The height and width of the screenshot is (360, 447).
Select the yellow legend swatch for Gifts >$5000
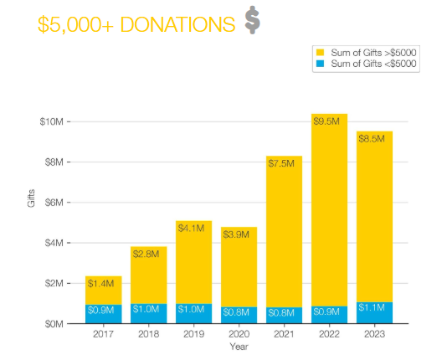coord(319,53)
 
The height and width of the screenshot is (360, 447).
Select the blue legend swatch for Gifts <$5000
coord(319,64)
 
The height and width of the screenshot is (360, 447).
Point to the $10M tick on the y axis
coord(53,121)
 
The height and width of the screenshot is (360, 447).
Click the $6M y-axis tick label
coord(53,203)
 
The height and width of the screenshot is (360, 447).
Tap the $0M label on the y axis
coord(53,323)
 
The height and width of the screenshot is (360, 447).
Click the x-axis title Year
coord(239,347)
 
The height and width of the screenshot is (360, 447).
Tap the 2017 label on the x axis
coord(103,334)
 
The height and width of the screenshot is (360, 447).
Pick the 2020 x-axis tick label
coord(239,334)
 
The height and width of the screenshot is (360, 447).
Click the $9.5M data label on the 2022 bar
coord(326,122)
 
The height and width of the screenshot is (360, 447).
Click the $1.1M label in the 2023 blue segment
coord(372,309)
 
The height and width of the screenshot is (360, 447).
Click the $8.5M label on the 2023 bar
coord(372,140)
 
